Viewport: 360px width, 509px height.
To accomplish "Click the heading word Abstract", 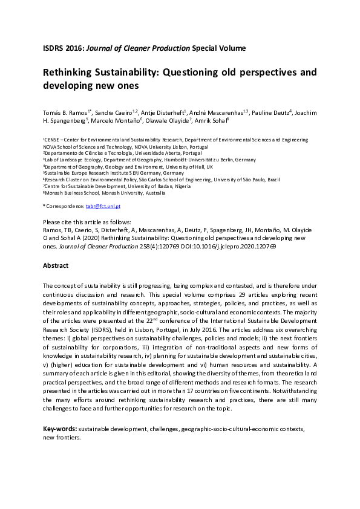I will pyautogui.click(x=56, y=265).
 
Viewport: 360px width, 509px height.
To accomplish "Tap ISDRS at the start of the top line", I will pyautogui.click(x=53, y=47).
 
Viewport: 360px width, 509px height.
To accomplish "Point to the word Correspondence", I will pyautogui.click(x=65, y=207).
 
